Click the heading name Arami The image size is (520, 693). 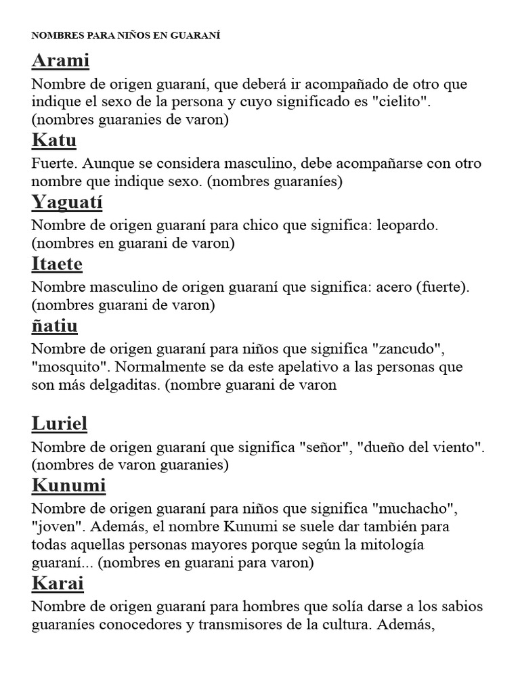[x=60, y=61]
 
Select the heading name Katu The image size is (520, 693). [x=54, y=141]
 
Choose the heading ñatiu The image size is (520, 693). [x=55, y=326]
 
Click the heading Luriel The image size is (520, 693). [x=60, y=424]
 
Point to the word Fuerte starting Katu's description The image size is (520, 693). [x=52, y=164]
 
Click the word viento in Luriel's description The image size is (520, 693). [x=460, y=447]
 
